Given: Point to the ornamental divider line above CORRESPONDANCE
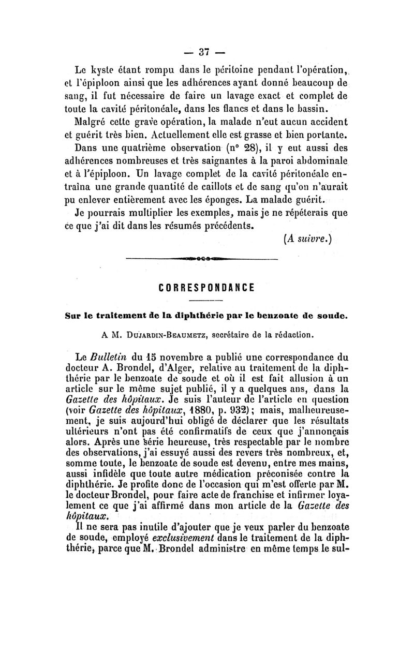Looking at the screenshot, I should pyautogui.click(x=202, y=259).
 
